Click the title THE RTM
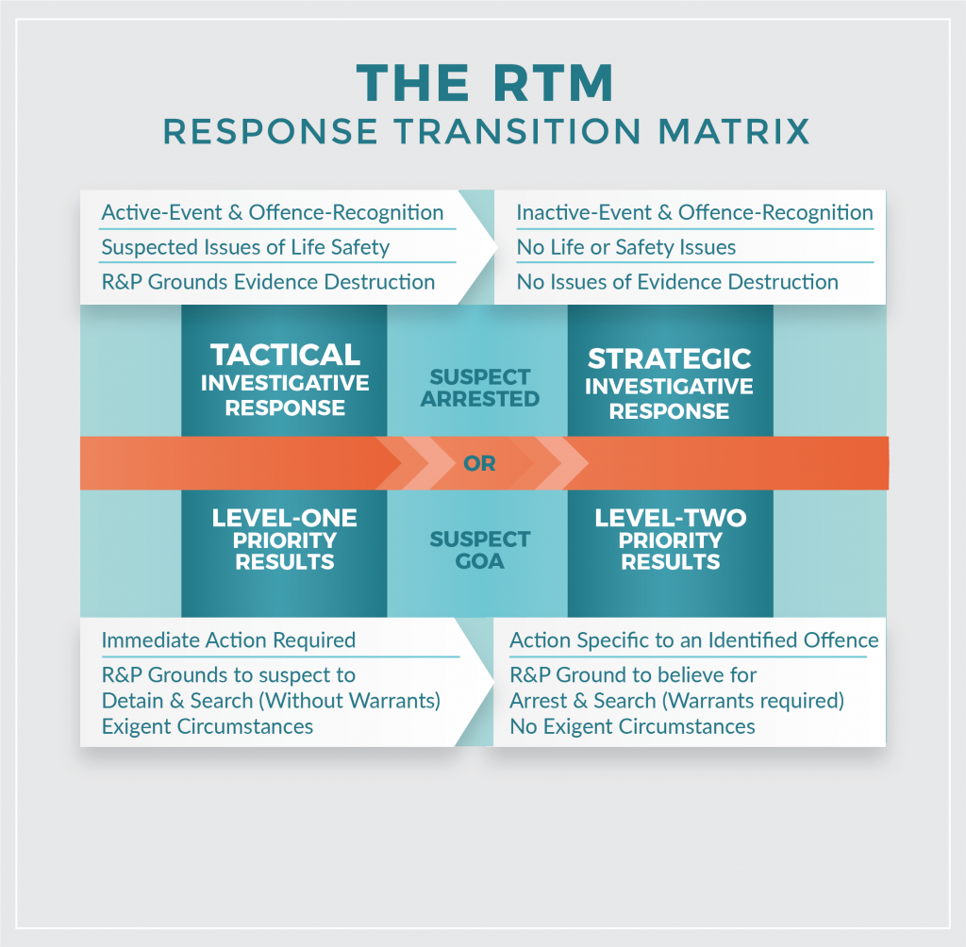point(485,85)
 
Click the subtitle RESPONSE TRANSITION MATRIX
point(485,131)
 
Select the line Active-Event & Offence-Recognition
point(272,213)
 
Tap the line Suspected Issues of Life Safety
point(245,248)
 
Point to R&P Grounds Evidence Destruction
point(268,282)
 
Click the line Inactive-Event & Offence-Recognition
point(694,213)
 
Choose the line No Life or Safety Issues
point(625,248)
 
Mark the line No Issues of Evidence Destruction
point(676,282)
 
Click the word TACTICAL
point(285,356)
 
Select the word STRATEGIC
point(669,359)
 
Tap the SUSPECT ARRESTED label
point(480,388)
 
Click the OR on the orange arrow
point(480,464)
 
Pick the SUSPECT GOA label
point(480,550)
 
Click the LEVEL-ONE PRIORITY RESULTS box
point(284,540)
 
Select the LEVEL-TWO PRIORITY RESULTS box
point(670,540)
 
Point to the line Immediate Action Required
point(228,640)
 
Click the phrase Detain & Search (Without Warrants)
point(272,701)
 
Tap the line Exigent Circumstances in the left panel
point(207,726)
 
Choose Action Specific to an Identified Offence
point(693,640)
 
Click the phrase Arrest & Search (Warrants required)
point(676,701)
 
